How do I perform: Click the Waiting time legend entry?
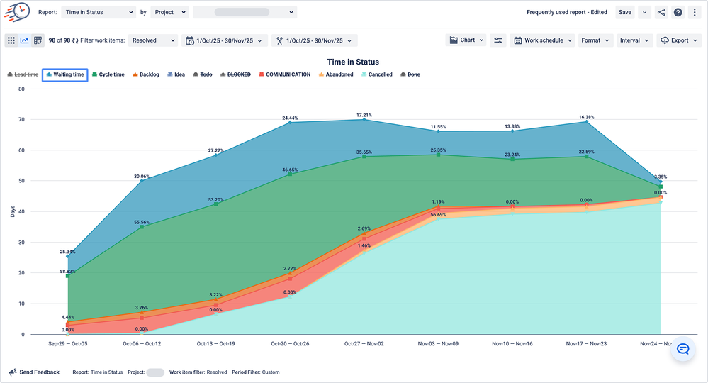tap(64, 74)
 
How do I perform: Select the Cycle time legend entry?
tap(108, 74)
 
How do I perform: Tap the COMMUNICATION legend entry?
tap(284, 74)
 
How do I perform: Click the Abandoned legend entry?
tap(335, 74)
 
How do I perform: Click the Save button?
tap(624, 12)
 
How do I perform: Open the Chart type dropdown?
tap(466, 40)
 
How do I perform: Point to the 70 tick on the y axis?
tap(21, 120)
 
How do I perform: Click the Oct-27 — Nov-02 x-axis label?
tap(364, 343)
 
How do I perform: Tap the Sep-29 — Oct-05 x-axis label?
tap(68, 343)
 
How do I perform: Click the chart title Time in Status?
tap(353, 62)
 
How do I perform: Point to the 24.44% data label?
tap(290, 118)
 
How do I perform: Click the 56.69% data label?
tap(437, 214)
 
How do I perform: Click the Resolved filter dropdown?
tap(152, 40)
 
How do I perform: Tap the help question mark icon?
tap(678, 12)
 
